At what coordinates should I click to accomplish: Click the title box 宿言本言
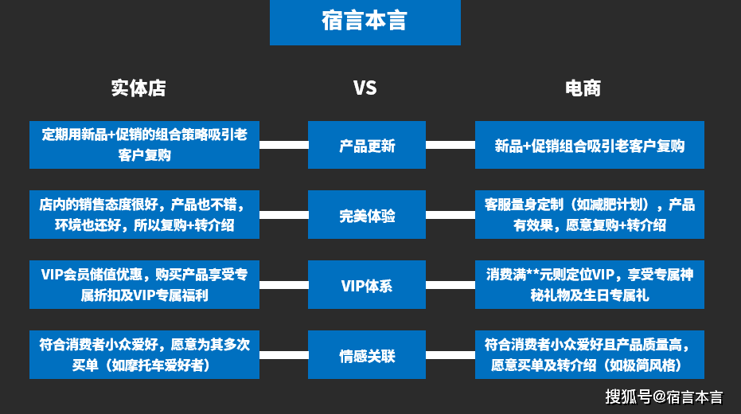(365, 22)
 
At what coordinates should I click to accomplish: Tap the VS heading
(365, 88)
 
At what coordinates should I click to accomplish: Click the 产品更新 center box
(367, 145)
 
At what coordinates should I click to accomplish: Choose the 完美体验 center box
(367, 215)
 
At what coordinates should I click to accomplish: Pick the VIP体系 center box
(367, 285)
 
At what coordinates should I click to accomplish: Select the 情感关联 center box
(367, 355)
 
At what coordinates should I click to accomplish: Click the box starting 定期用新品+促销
(144, 145)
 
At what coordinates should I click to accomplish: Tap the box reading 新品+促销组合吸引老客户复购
(589, 145)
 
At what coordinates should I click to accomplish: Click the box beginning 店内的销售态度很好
(144, 215)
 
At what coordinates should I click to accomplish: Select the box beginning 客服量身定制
(589, 215)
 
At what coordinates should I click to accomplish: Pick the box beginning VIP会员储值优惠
(144, 285)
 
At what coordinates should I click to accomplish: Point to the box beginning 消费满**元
(589, 285)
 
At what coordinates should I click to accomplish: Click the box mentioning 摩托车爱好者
(144, 355)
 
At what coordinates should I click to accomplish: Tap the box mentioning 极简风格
(589, 355)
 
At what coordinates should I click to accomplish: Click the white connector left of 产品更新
(283, 145)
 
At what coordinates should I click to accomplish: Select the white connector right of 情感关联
(450, 355)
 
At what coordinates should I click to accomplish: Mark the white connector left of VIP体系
(283, 285)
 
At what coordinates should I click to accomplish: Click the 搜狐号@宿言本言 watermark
(663, 396)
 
